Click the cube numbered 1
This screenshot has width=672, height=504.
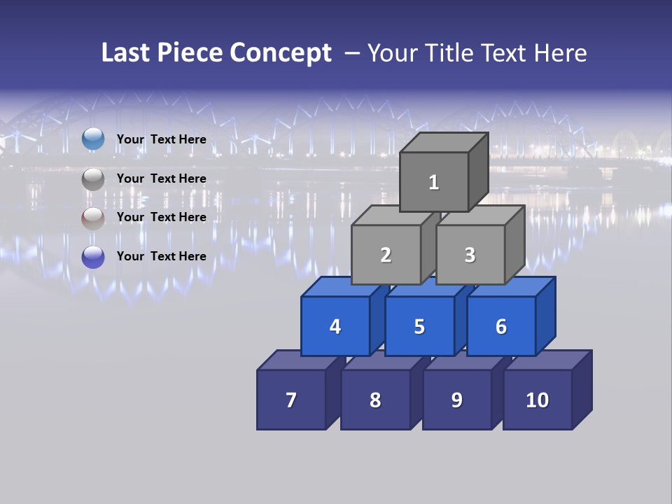click(434, 182)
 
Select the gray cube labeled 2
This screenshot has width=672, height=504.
click(386, 255)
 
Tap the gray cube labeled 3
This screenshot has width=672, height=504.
click(470, 255)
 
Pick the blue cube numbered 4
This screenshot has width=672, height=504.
click(335, 326)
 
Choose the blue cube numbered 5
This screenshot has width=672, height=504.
click(419, 326)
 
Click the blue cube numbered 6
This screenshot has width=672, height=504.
click(501, 326)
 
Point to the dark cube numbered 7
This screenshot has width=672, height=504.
click(291, 400)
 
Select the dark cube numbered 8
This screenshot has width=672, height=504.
click(375, 400)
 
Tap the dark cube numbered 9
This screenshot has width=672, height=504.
click(456, 400)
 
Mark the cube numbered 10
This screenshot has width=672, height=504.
click(538, 400)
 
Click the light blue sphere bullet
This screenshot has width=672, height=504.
click(93, 139)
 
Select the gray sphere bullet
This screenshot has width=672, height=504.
click(93, 179)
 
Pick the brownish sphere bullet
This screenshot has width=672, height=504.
click(93, 218)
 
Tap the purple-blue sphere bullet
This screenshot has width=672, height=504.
click(93, 257)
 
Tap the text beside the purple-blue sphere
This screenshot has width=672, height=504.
click(162, 256)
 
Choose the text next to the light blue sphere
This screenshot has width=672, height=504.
click(162, 139)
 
